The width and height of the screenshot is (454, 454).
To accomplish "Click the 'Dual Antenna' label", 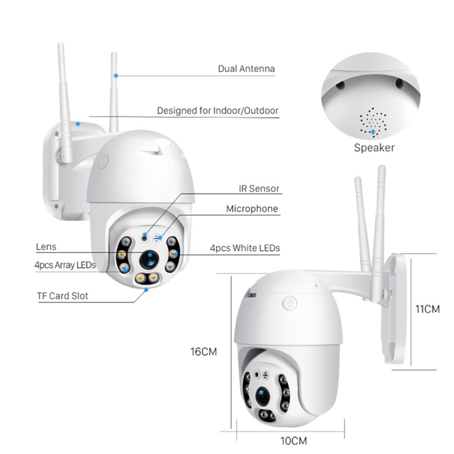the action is click(246, 68).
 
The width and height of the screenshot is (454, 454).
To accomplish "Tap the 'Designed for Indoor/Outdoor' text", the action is click(218, 111).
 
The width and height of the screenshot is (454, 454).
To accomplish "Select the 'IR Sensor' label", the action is click(259, 188).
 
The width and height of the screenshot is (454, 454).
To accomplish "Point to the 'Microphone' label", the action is click(252, 209).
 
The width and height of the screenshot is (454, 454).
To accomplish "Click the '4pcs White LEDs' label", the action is click(245, 248).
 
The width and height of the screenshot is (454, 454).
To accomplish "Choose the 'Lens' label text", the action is click(46, 246).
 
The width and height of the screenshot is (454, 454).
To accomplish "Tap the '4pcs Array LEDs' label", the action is click(65, 265).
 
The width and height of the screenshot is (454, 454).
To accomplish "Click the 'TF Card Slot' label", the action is click(63, 296).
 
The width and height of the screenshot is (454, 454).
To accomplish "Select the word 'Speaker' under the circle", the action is click(374, 148).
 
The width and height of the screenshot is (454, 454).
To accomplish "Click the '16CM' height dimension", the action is click(203, 352).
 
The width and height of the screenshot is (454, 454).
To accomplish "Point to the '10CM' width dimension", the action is click(294, 441).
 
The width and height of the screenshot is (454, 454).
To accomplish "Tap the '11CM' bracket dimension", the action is click(427, 309).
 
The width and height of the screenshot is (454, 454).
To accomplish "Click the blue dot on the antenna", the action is click(116, 76).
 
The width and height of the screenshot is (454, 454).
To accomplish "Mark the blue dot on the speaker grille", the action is click(373, 132).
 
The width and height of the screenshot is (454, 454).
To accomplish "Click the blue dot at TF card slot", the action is click(146, 290).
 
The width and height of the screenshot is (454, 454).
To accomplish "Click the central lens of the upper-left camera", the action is click(149, 260).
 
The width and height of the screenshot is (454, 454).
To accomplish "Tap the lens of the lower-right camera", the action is click(263, 396).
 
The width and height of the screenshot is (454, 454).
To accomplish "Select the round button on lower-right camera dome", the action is click(290, 303).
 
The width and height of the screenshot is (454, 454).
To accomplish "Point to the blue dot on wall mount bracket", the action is click(78, 124).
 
